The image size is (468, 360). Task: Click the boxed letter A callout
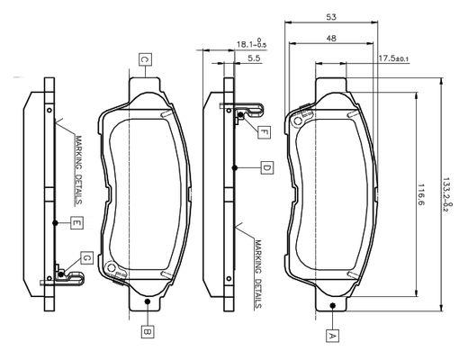[x=332, y=336]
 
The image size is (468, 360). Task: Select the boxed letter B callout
[x=148, y=331]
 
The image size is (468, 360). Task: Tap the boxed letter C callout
[x=145, y=59]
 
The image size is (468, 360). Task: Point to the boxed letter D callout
[x=266, y=168]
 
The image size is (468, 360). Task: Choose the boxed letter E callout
[x=76, y=222]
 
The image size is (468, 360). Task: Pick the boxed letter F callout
[x=264, y=132]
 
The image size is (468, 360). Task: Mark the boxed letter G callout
[x=86, y=257]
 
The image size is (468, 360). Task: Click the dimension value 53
[x=331, y=17]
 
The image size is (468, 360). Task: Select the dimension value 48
[x=331, y=39]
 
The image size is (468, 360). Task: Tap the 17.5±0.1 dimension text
[x=393, y=58]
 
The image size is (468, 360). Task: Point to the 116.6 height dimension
[x=420, y=194]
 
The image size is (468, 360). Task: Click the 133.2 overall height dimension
[x=447, y=195]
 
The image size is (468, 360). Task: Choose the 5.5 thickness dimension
[x=254, y=58]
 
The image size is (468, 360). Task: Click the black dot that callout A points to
[x=332, y=305]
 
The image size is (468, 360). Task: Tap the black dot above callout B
[x=148, y=301]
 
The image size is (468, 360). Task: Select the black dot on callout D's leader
[x=235, y=168]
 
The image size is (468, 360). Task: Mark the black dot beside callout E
[x=55, y=223]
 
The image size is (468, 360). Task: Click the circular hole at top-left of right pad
[x=298, y=121]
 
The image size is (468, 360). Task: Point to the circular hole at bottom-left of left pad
[x=112, y=267]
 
